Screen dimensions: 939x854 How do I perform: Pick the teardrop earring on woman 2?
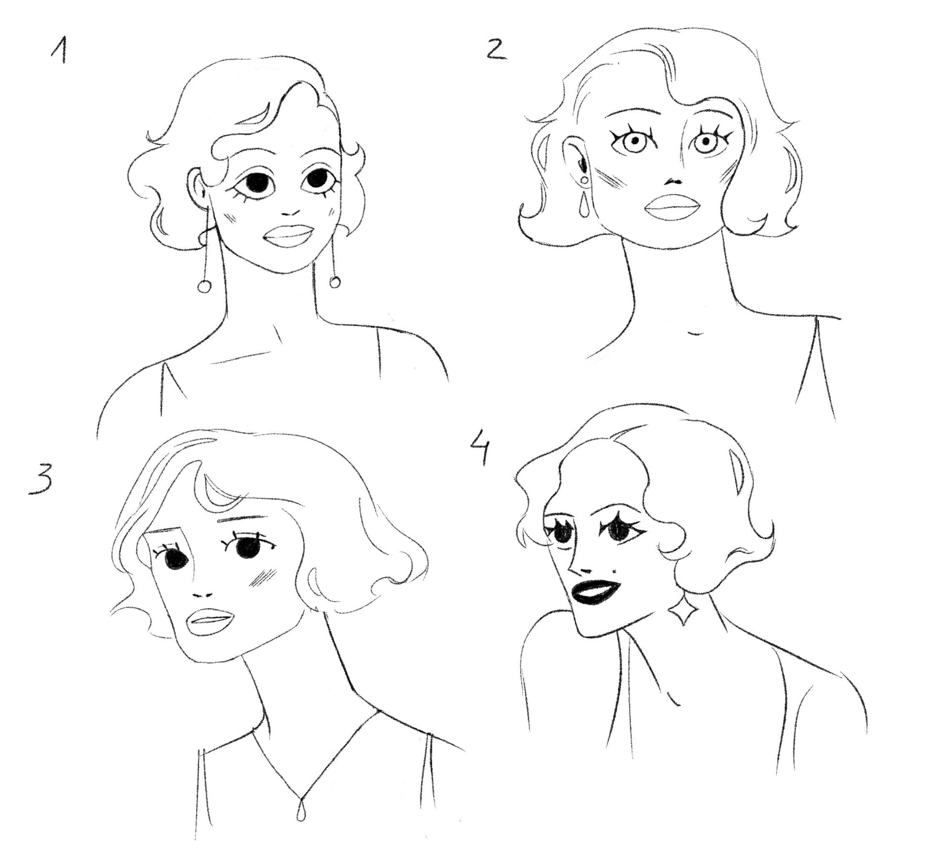click(x=583, y=205)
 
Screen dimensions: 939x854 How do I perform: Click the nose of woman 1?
click(x=291, y=214)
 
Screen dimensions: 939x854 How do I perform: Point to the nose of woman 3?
click(x=202, y=595)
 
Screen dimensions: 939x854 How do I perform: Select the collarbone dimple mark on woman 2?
click(x=695, y=334)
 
